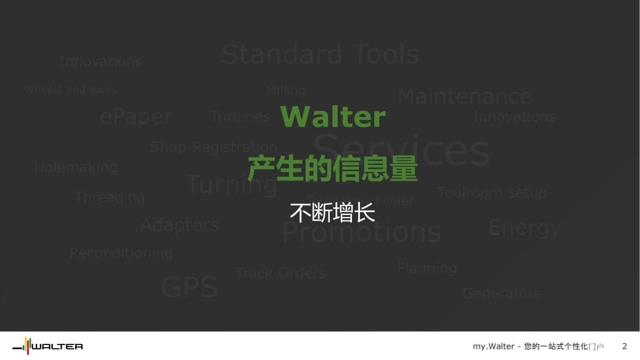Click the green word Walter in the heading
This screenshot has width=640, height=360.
coord(333,117)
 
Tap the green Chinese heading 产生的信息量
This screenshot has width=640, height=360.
coord(332,170)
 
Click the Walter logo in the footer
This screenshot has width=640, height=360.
coord(47,347)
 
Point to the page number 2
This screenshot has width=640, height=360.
coord(625,347)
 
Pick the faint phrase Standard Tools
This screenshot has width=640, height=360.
coord(320,54)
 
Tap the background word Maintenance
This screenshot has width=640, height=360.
coord(464,97)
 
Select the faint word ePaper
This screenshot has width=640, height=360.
coord(137,117)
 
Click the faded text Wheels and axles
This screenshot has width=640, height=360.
coord(70,90)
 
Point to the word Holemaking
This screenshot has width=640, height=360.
coord(76,167)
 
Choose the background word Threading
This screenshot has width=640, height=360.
coord(110,197)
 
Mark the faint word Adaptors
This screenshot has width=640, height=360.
coord(180,225)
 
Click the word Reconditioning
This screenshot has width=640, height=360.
coord(121,253)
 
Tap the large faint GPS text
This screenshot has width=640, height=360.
coord(189,287)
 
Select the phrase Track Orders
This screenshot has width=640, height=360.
coord(281,274)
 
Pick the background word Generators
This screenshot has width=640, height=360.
coord(501,293)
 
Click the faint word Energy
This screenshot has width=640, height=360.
coord(525,228)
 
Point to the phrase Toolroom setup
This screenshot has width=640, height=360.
coord(492,193)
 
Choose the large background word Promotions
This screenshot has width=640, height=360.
coord(362,232)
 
